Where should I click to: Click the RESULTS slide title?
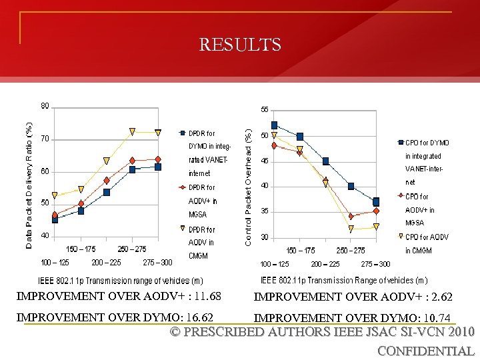click(x=240, y=45)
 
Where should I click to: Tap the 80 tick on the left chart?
click(x=45, y=106)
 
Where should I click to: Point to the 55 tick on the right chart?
click(x=265, y=109)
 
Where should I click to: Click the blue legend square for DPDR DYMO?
click(x=183, y=133)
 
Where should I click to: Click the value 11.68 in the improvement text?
click(x=207, y=296)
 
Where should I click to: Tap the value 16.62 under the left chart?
click(x=199, y=317)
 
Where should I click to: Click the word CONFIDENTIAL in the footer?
click(x=425, y=351)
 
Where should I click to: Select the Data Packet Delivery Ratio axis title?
click(x=29, y=186)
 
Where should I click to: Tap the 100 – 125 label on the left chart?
click(x=55, y=262)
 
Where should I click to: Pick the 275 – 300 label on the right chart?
click(x=375, y=265)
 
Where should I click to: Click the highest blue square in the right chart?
click(x=275, y=125)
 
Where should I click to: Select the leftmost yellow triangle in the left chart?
click(x=55, y=196)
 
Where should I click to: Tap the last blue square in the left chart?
click(x=158, y=167)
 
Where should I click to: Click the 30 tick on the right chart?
click(x=265, y=237)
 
